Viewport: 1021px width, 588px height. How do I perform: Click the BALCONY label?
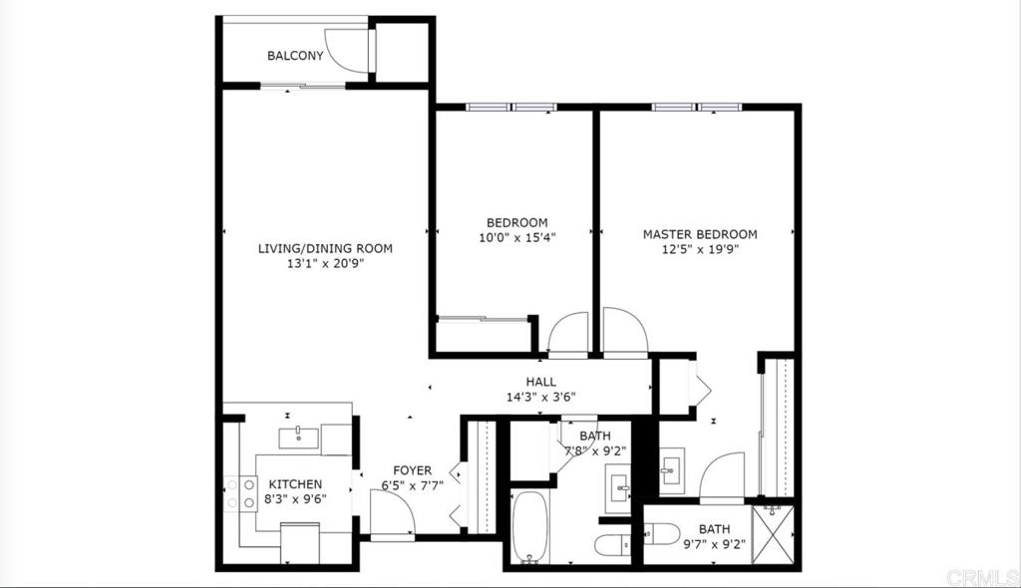[x=295, y=56]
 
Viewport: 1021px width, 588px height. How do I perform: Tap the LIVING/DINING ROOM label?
[x=325, y=248]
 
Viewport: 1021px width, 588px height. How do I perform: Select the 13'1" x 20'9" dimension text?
[x=325, y=264]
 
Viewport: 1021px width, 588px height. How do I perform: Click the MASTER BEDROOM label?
[x=700, y=234]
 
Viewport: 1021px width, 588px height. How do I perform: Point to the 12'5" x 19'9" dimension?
[x=700, y=249]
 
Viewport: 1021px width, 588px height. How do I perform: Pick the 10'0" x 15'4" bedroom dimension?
[x=517, y=237]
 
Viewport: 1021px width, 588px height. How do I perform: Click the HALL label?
[x=541, y=383]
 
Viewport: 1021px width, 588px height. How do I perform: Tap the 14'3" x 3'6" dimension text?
[x=541, y=398]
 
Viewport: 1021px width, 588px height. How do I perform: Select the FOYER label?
[x=412, y=470]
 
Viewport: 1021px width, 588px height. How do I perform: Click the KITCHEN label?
[x=295, y=484]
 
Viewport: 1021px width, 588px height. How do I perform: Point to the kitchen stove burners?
[x=240, y=493]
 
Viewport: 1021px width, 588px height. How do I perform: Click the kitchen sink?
[x=299, y=438]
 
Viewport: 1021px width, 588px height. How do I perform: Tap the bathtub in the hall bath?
[x=530, y=527]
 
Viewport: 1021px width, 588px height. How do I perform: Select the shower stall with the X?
[x=773, y=534]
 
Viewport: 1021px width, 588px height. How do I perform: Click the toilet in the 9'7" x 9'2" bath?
[x=662, y=534]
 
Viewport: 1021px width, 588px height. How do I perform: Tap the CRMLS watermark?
[x=982, y=577]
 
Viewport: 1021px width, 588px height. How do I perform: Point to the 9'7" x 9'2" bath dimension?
[x=714, y=544]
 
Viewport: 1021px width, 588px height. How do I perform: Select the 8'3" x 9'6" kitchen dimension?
[x=295, y=499]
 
